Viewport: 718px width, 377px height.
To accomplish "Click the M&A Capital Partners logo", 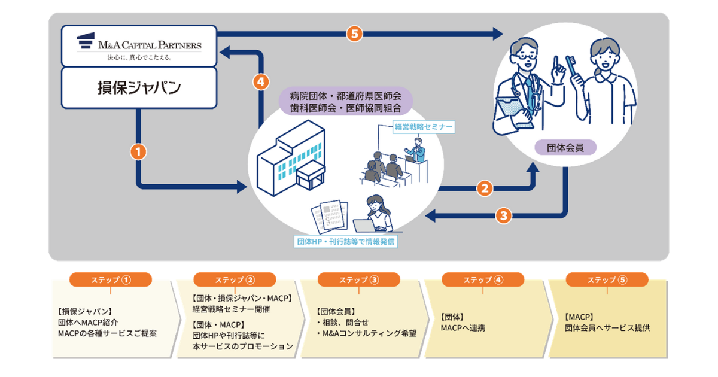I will (139, 45).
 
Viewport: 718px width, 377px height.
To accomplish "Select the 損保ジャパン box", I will (139, 88).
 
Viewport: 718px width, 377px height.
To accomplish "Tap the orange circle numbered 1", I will (138, 152).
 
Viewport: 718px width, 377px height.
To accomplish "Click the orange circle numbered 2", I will (485, 188).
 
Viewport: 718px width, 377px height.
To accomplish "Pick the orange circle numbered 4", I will (260, 81).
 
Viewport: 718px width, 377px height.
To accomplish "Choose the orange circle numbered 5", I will (354, 34).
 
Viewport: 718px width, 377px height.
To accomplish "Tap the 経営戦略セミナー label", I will (423, 127).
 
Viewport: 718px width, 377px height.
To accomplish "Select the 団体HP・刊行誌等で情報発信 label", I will (346, 242).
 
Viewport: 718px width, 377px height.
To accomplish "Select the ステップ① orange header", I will (111, 279).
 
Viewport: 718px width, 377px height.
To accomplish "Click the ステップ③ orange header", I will (358, 279).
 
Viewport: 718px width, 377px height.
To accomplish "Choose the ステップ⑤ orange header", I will (607, 279).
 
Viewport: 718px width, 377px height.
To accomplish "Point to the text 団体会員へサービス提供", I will (607, 327).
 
